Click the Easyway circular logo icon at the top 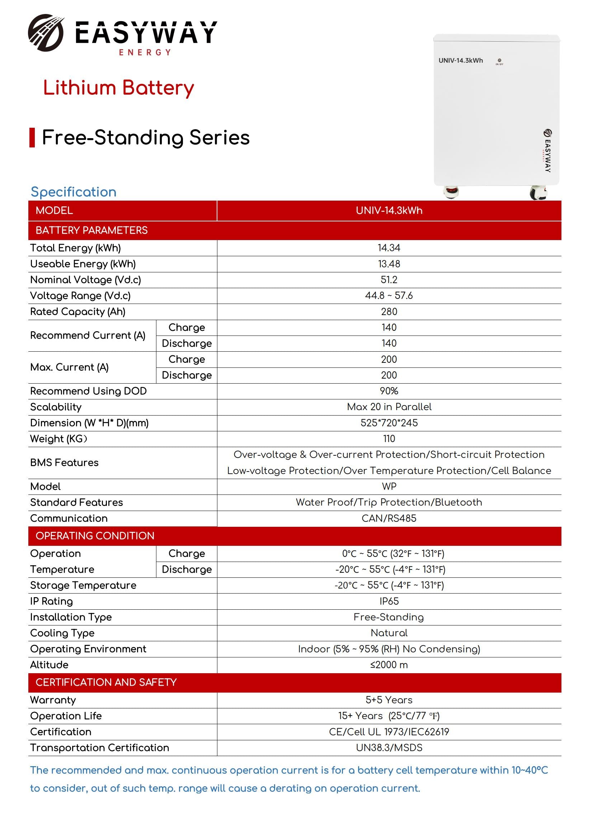(x=46, y=33)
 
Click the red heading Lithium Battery (x=118, y=88)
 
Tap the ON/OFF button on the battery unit (x=499, y=60)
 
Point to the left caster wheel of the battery (x=451, y=192)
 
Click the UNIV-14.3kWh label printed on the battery (x=460, y=61)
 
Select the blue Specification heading (x=74, y=192)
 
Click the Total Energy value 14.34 (x=389, y=248)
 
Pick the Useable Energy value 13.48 (x=389, y=264)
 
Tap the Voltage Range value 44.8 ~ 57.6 (x=389, y=296)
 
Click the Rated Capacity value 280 (x=389, y=312)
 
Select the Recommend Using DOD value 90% (x=389, y=391)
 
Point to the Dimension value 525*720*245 (x=389, y=423)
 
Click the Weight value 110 (x=389, y=439)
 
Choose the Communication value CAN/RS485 (x=389, y=518)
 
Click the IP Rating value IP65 (x=389, y=601)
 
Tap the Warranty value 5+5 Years (x=389, y=700)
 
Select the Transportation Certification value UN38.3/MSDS (x=389, y=747)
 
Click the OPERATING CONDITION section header (x=95, y=536)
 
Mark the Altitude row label (x=49, y=665)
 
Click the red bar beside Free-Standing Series (x=32, y=138)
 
